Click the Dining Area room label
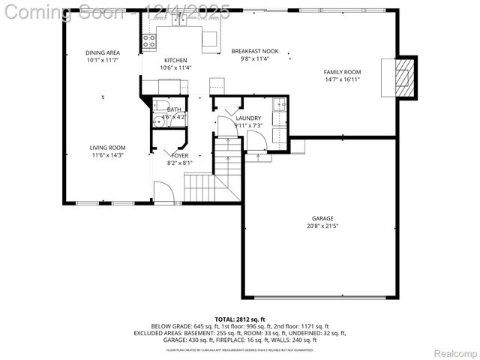pyautogui.click(x=103, y=52)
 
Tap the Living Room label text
pyautogui.click(x=107, y=147)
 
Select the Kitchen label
pyautogui.click(x=175, y=60)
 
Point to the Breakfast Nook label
pyautogui.click(x=254, y=51)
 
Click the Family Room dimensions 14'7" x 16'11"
pyautogui.click(x=343, y=79)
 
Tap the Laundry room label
pyautogui.click(x=247, y=118)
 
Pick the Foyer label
pyautogui.click(x=179, y=155)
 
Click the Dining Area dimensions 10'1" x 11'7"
pyautogui.click(x=103, y=59)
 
